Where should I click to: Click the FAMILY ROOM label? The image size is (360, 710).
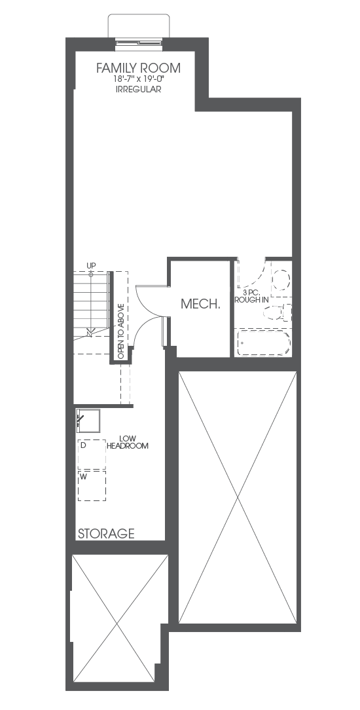tap(138, 68)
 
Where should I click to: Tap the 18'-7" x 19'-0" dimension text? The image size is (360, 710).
tap(138, 79)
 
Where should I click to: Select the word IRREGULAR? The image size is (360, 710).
tap(138, 89)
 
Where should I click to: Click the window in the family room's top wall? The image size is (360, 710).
tap(139, 43)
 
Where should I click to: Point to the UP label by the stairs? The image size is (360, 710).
tap(91, 265)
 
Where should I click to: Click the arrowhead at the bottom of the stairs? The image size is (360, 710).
tap(90, 334)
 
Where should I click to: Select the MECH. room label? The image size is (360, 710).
tap(200, 304)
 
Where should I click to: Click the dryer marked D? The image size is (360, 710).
tap(92, 454)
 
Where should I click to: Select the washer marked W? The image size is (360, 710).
tap(92, 486)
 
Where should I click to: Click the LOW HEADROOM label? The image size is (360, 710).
tap(128, 442)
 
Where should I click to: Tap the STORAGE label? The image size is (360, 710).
tap(106, 533)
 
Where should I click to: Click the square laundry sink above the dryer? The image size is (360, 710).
tap(88, 420)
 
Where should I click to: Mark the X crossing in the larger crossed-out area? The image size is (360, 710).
tap(238, 498)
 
